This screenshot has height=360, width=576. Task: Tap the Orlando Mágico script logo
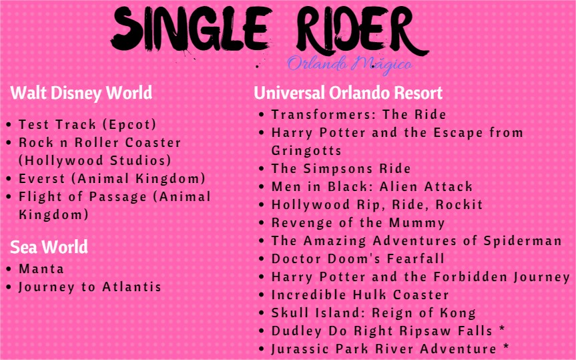pos(349,65)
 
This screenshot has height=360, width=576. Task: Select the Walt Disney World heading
pos(81,92)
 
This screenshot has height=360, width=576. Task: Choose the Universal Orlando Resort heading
pos(348,92)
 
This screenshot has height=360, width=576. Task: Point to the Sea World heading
pos(49,247)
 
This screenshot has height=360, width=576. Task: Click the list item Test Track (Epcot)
pos(87,124)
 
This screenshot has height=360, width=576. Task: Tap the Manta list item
pos(41,268)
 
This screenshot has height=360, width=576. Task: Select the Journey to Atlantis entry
pos(90,287)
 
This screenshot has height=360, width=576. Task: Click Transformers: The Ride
pos(358,114)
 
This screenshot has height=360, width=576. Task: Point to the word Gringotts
pos(306,150)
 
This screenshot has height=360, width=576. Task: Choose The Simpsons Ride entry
pos(340,168)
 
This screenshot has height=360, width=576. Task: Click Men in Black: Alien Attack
pos(372,186)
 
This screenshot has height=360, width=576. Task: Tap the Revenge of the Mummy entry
pos(358,222)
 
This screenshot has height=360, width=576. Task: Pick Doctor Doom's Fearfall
pos(358,258)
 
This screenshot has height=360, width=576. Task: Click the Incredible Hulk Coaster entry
pos(360,295)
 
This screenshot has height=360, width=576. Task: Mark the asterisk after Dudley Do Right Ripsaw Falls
pos(501,330)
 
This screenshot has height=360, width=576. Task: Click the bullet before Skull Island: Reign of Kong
pos(262,313)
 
